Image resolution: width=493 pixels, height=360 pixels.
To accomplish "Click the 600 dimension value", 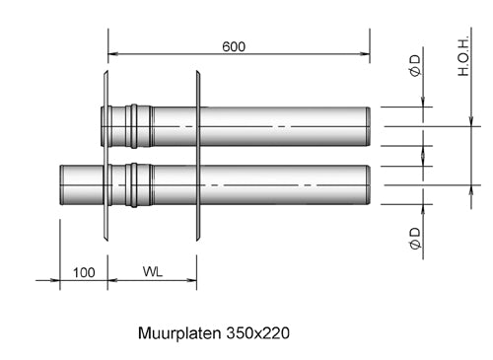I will pyautogui.click(x=234, y=46).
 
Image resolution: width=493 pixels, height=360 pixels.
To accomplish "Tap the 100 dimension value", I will pyautogui.click(x=84, y=271).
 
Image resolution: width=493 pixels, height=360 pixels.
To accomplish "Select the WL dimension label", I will pyautogui.click(x=153, y=271).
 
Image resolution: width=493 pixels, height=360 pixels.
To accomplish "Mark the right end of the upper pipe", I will pyautogui.click(x=368, y=126).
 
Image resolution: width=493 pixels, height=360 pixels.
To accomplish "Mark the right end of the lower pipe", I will pyautogui.click(x=368, y=184).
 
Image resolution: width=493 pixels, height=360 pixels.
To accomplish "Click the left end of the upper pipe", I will pyautogui.click(x=104, y=126).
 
